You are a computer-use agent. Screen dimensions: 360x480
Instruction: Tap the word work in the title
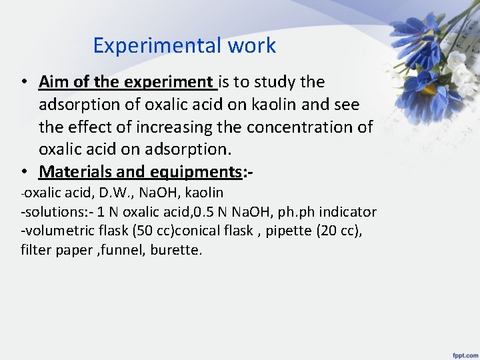click(x=251, y=46)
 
